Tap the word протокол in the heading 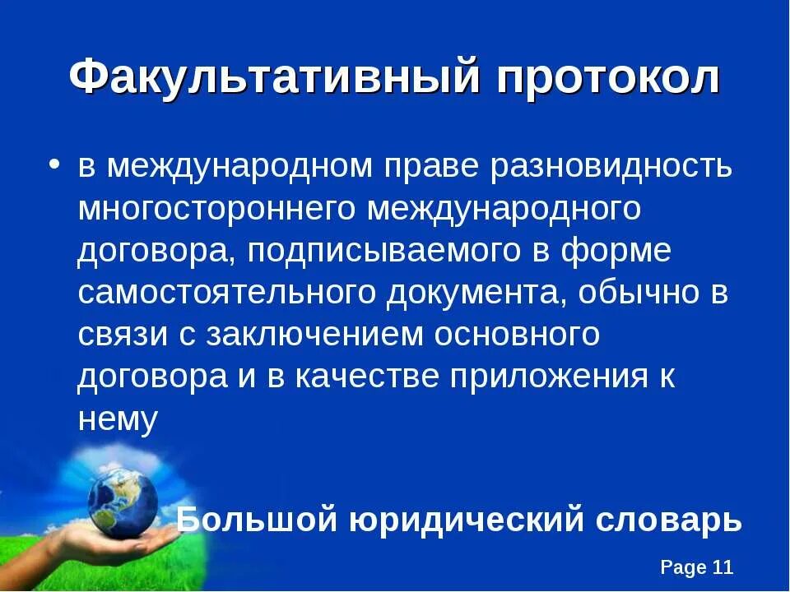coord(609,80)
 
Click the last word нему coord(118,419)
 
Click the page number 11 coord(722,567)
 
